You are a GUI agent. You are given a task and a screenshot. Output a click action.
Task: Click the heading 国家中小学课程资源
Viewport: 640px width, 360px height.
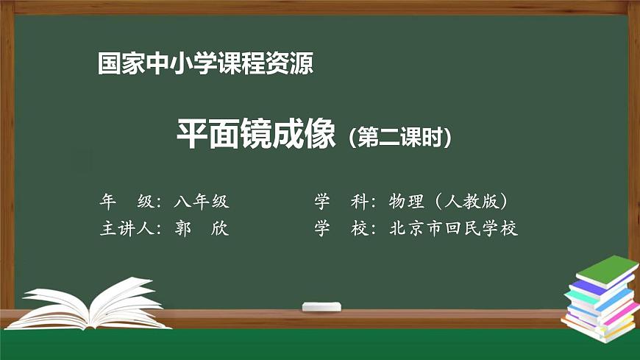tap(205, 64)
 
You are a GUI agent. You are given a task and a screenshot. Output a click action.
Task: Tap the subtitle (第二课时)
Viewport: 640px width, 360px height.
tap(399, 137)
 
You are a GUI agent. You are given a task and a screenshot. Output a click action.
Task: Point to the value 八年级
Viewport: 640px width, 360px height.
tap(202, 201)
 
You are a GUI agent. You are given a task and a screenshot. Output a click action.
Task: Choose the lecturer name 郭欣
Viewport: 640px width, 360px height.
tap(202, 229)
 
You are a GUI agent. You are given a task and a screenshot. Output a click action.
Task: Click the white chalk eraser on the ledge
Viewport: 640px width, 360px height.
tap(322, 306)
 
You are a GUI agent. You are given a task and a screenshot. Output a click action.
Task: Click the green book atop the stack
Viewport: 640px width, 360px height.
tap(604, 271)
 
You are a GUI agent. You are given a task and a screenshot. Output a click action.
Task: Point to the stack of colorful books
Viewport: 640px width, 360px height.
tap(600, 302)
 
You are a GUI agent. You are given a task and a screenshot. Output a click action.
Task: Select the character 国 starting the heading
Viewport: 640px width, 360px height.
tap(109, 64)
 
